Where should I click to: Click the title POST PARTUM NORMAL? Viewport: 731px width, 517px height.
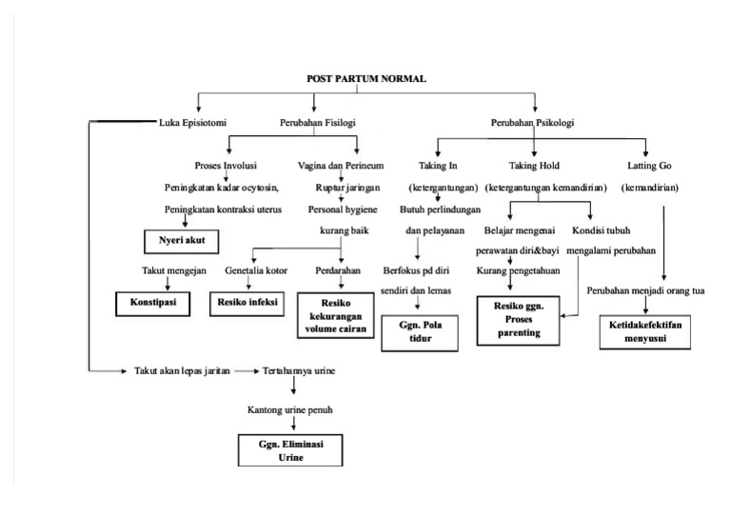click(366, 79)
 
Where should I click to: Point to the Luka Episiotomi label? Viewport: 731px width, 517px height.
click(192, 123)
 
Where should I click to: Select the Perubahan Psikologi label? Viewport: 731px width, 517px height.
click(532, 123)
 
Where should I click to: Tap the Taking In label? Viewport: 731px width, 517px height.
click(438, 166)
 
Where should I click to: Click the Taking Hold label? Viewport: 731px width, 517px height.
click(535, 166)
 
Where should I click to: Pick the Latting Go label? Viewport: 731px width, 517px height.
click(650, 166)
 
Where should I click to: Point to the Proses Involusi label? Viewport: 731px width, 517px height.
click(224, 166)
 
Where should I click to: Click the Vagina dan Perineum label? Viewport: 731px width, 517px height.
click(326, 166)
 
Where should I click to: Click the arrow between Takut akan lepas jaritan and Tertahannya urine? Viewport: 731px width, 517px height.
click(246, 370)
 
